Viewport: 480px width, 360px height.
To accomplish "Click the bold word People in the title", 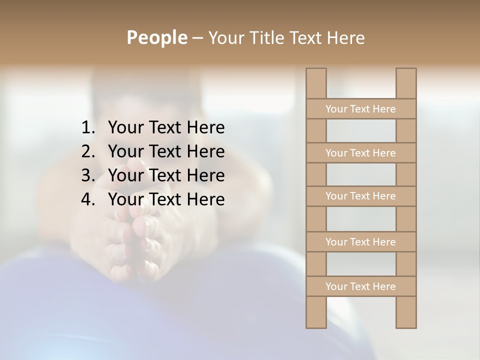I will click(156, 37).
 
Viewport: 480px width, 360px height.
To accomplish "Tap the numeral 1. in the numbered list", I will click(88, 128).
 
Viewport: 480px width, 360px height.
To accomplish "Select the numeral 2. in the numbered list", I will click(88, 151).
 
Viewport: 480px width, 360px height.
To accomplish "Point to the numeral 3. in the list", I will click(88, 175).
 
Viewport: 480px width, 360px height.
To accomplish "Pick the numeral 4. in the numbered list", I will click(88, 199).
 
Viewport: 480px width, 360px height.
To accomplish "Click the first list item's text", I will click(166, 128).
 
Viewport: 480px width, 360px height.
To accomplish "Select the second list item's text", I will click(166, 151).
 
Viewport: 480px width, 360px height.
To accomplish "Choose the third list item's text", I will click(166, 175).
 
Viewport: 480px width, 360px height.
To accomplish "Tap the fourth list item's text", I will click(166, 199).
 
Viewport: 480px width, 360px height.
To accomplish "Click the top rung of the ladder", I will click(360, 109).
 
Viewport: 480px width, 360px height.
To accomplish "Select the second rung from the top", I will click(360, 153).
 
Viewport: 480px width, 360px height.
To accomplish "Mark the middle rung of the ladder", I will click(360, 196).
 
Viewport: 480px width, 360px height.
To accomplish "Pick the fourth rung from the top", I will click(360, 242).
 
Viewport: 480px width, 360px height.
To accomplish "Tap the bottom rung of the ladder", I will click(360, 286).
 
